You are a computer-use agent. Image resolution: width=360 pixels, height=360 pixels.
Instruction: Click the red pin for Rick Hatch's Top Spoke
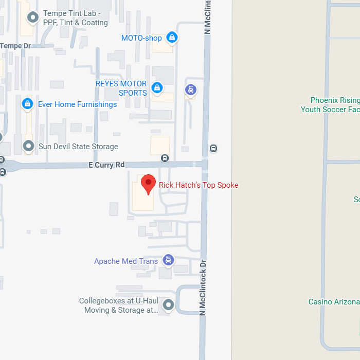[148, 184]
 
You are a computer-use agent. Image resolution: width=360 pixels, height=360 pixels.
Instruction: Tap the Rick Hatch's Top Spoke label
[199, 185]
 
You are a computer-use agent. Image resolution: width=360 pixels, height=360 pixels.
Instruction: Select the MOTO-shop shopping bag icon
[172, 38]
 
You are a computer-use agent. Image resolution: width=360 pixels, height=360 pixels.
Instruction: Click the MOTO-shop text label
[141, 38]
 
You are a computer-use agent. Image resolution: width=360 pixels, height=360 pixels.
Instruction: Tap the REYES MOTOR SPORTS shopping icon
[157, 88]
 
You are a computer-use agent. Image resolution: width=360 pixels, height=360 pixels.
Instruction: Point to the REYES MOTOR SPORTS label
[121, 88]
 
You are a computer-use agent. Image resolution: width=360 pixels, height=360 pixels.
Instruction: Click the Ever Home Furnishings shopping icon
[27, 104]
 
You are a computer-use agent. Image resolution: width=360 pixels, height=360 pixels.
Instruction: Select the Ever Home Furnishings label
[77, 104]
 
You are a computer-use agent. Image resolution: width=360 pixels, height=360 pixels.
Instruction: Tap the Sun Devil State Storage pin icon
[28, 146]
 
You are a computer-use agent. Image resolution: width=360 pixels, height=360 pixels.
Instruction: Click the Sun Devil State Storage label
[78, 147]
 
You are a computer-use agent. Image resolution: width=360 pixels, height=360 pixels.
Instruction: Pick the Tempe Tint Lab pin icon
[33, 17]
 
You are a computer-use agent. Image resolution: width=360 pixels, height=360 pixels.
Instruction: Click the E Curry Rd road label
[106, 165]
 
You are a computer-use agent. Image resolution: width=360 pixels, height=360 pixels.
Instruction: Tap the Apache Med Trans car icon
[168, 260]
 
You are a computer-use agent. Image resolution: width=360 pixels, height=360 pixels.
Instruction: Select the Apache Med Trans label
[126, 261]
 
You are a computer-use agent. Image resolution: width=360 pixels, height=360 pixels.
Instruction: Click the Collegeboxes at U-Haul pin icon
[168, 306]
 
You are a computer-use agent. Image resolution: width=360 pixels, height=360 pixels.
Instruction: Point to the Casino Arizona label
[334, 302]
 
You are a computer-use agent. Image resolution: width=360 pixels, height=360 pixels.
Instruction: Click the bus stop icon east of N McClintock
[213, 149]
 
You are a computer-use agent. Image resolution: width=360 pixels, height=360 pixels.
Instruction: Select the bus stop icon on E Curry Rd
[165, 158]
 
